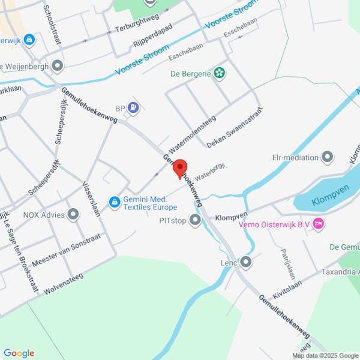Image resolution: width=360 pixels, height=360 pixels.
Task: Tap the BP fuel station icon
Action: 133,108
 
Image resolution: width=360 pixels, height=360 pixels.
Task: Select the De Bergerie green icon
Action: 220,73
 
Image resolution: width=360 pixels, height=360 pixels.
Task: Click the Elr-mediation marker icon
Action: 328,158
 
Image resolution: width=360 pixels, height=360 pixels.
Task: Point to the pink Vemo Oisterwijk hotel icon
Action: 319,224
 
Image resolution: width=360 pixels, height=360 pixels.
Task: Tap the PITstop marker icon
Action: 195,220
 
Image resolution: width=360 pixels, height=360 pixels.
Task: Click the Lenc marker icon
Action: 246,262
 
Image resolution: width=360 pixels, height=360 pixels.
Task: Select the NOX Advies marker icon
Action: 73,214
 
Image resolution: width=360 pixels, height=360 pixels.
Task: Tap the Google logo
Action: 19,353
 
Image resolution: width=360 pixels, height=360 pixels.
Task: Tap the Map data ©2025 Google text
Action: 324,355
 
